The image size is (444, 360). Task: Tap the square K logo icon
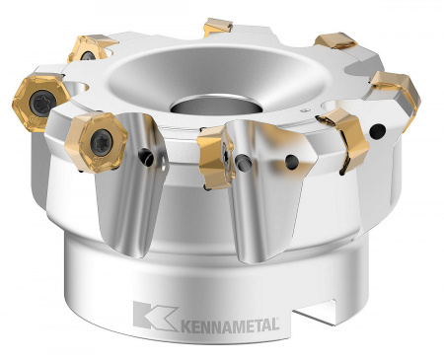[148, 317]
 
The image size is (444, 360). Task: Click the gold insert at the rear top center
[218, 27]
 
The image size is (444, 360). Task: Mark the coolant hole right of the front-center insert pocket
[292, 157]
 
